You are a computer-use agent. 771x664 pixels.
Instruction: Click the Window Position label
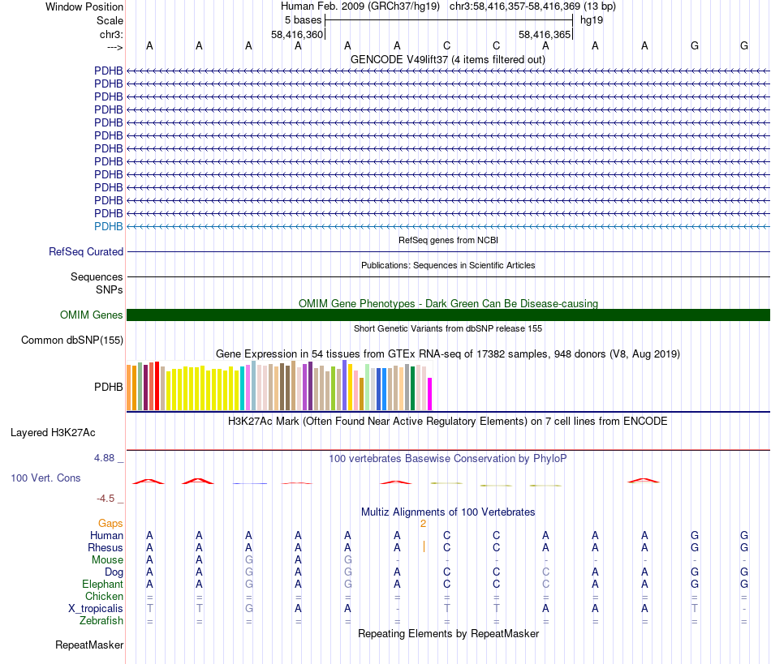pos(84,6)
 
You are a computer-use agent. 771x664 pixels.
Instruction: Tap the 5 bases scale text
pos(303,19)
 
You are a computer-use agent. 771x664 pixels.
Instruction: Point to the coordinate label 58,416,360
pos(297,34)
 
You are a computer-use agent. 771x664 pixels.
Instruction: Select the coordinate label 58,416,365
pos(545,34)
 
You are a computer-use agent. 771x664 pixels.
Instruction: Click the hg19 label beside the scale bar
pos(591,19)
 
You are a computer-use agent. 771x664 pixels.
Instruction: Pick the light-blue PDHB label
pos(109,226)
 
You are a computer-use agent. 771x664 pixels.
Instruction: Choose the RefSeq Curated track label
pos(86,252)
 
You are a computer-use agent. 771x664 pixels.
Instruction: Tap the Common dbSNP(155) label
pos(72,341)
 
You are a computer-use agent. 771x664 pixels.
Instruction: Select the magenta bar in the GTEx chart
pos(430,394)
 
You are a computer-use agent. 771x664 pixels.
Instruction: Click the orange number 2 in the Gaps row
pos(423,524)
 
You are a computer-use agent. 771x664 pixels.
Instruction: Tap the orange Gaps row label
pos(110,524)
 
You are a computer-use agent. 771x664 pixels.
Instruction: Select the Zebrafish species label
pos(101,621)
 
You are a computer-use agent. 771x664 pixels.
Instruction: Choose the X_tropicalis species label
pos(96,609)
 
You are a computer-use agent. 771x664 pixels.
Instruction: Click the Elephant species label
pos(102,585)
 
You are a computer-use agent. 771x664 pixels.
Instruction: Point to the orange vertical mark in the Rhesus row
pos(424,547)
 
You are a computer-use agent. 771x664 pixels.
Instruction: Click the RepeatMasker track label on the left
pos(89,645)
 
